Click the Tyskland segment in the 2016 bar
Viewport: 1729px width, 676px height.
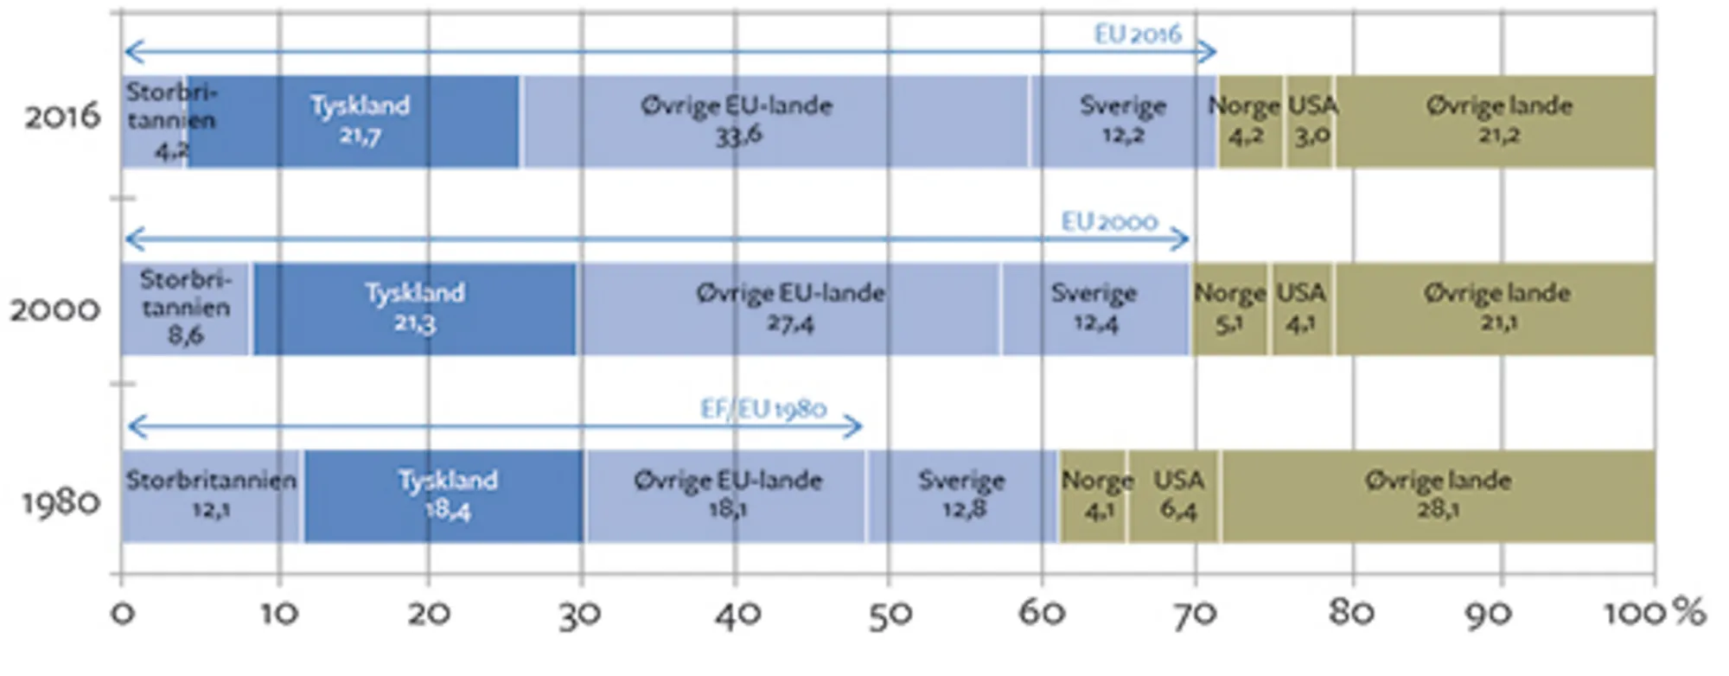pos(354,121)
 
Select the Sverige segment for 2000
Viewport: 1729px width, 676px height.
pos(1094,309)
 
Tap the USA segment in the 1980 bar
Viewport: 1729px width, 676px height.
pos(1176,496)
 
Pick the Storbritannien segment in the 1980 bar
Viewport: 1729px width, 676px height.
pos(211,496)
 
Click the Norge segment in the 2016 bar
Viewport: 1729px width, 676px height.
pos(1248,121)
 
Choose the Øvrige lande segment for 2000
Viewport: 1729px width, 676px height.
pos(1496,309)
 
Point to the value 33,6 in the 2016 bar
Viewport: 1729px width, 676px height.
pos(737,136)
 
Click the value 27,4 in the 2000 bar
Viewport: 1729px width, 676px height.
pos(789,324)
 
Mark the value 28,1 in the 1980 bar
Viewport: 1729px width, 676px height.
pos(1438,510)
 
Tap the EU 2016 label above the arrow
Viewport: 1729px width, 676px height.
pos(1137,35)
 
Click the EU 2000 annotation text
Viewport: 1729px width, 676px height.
pos(1109,222)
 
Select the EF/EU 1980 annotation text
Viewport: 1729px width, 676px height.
pos(762,409)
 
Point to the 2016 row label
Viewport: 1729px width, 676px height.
pos(62,117)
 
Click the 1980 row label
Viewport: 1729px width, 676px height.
pos(61,502)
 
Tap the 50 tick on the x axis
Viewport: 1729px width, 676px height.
pos(889,614)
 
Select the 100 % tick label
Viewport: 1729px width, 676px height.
pos(1653,614)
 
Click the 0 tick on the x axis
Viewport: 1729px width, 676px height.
pos(123,614)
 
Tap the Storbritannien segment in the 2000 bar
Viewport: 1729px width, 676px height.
pos(185,309)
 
